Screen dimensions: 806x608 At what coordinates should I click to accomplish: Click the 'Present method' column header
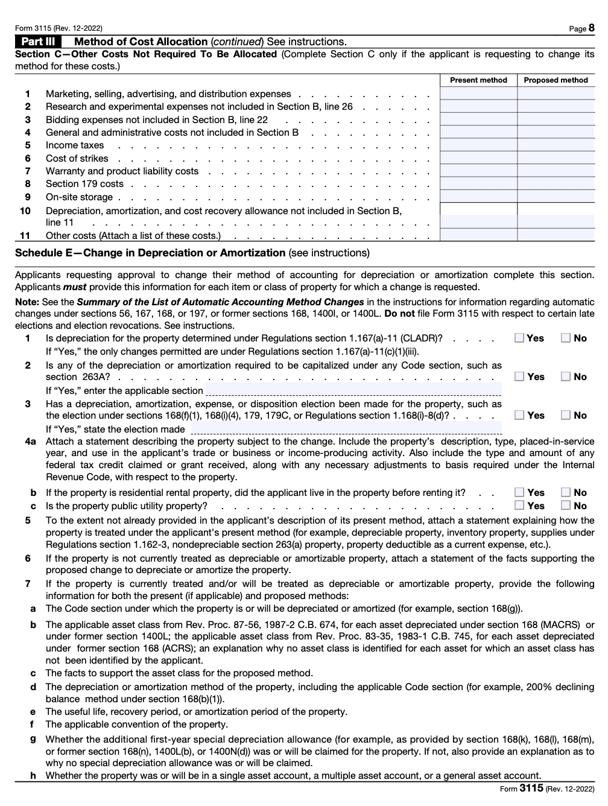tap(478, 80)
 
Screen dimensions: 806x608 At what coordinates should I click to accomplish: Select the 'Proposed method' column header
tap(556, 80)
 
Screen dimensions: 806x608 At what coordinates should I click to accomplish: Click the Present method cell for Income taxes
tap(478, 145)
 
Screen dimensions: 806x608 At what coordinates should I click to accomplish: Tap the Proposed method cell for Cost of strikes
tap(556, 158)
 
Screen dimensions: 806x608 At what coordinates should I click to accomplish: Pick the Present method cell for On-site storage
tap(478, 197)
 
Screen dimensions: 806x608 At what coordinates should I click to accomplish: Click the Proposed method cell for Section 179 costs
tap(556, 184)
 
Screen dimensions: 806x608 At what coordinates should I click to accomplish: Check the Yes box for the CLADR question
tap(519, 338)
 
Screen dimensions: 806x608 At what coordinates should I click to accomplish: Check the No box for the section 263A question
tap(566, 376)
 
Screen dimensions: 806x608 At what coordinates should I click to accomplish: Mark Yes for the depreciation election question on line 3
tap(519, 415)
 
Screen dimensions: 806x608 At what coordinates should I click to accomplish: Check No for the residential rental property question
tap(566, 492)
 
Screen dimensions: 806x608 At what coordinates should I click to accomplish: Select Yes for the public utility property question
tap(519, 506)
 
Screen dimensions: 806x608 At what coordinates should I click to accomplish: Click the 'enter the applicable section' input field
tap(353, 390)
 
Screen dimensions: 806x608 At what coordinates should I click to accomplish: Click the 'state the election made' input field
tap(346, 428)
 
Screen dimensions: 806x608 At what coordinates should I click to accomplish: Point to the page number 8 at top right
tap(591, 28)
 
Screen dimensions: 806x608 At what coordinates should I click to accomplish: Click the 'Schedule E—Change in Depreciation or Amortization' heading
tap(150, 253)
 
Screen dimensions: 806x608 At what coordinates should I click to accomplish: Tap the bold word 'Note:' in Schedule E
tap(27, 302)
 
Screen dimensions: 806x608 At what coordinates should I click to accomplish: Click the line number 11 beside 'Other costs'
tap(25, 236)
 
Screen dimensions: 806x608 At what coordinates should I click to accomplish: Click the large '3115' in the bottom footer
tap(531, 789)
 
